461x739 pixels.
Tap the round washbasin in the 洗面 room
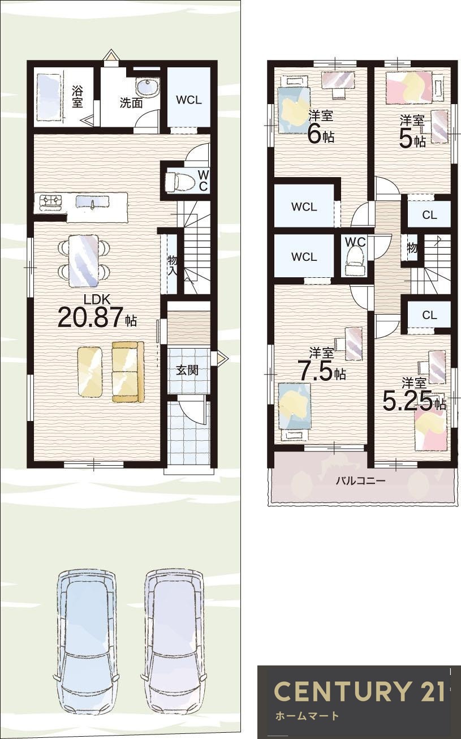[148, 89]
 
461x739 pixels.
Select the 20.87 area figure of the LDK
[91, 317]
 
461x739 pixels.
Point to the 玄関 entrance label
[187, 370]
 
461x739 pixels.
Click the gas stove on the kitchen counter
[51, 201]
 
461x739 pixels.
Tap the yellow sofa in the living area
[128, 372]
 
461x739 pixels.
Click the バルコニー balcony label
[360, 480]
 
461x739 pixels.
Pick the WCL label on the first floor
[188, 100]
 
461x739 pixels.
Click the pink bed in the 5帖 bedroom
[409, 86]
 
